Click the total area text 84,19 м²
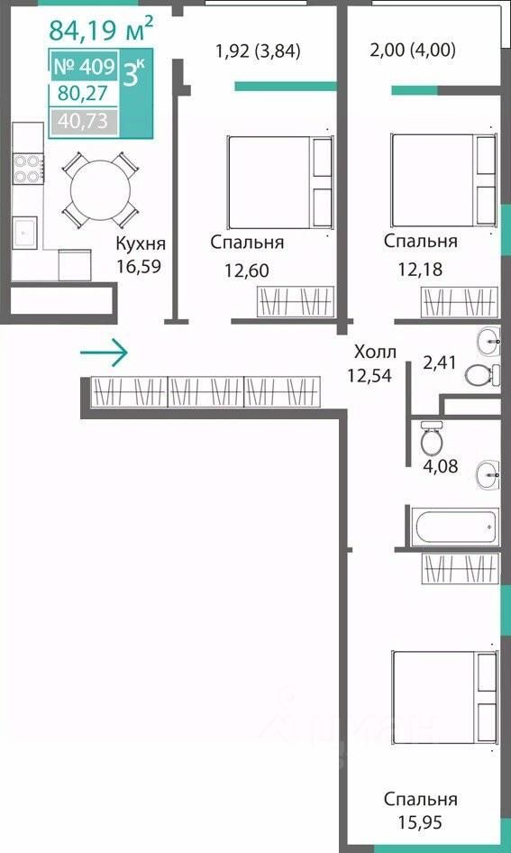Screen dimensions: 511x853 click(x=101, y=30)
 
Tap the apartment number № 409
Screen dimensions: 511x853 click(x=84, y=67)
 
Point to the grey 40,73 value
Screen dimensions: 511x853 click(x=83, y=121)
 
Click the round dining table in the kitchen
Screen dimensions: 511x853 click(x=101, y=190)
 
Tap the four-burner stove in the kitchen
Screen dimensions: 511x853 click(x=28, y=169)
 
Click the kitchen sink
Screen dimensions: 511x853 click(x=25, y=233)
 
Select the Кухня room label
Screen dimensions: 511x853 click(x=141, y=243)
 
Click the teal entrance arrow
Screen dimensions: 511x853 click(x=104, y=353)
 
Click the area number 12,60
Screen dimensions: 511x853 click(x=247, y=270)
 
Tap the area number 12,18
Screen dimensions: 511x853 click(x=419, y=269)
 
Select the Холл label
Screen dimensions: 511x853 click(x=375, y=352)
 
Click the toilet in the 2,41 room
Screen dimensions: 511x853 click(x=482, y=375)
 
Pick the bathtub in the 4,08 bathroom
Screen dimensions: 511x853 click(x=454, y=527)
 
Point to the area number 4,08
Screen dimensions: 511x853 click(x=441, y=465)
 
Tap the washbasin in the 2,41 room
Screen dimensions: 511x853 click(x=488, y=341)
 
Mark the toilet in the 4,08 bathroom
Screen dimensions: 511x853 click(x=433, y=438)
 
